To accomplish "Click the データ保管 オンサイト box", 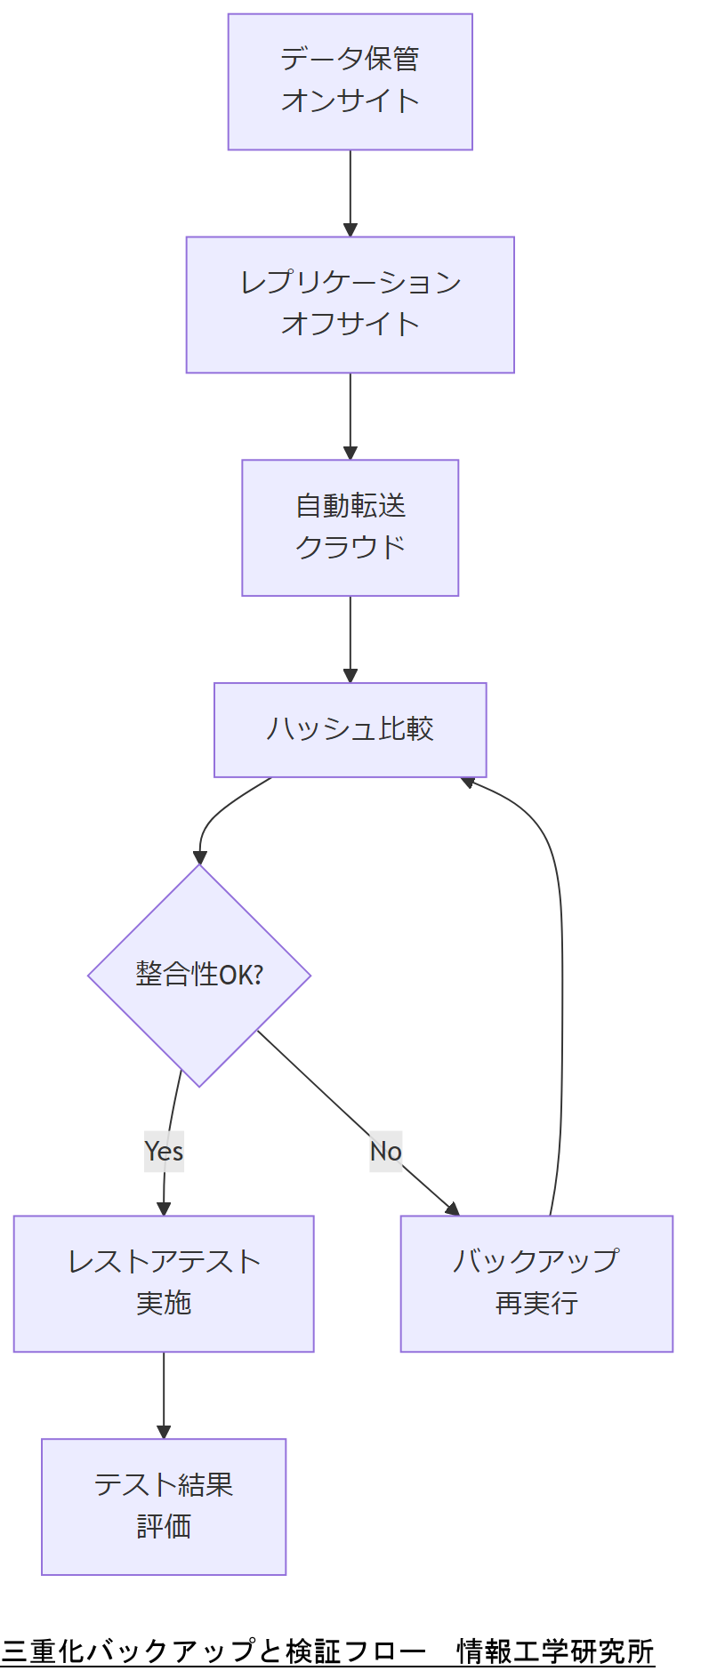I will [350, 82].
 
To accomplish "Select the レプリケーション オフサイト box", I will [350, 305].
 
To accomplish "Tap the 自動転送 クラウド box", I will [350, 528].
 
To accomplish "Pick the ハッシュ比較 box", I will [350, 730].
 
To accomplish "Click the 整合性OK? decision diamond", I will [199, 976].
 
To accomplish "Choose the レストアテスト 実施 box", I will [164, 1283].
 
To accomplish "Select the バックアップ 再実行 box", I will [536, 1283].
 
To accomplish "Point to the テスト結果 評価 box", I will [164, 1506].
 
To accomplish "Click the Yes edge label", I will [164, 1152].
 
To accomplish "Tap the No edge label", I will [385, 1152].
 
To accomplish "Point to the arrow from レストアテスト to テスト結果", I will [164, 1395].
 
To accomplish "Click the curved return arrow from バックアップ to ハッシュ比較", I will [561, 978].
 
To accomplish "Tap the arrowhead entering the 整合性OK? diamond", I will [200, 856].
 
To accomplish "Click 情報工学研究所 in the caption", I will [555, 1651].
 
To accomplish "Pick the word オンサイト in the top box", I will [350, 101].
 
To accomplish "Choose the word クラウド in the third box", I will [350, 547].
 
